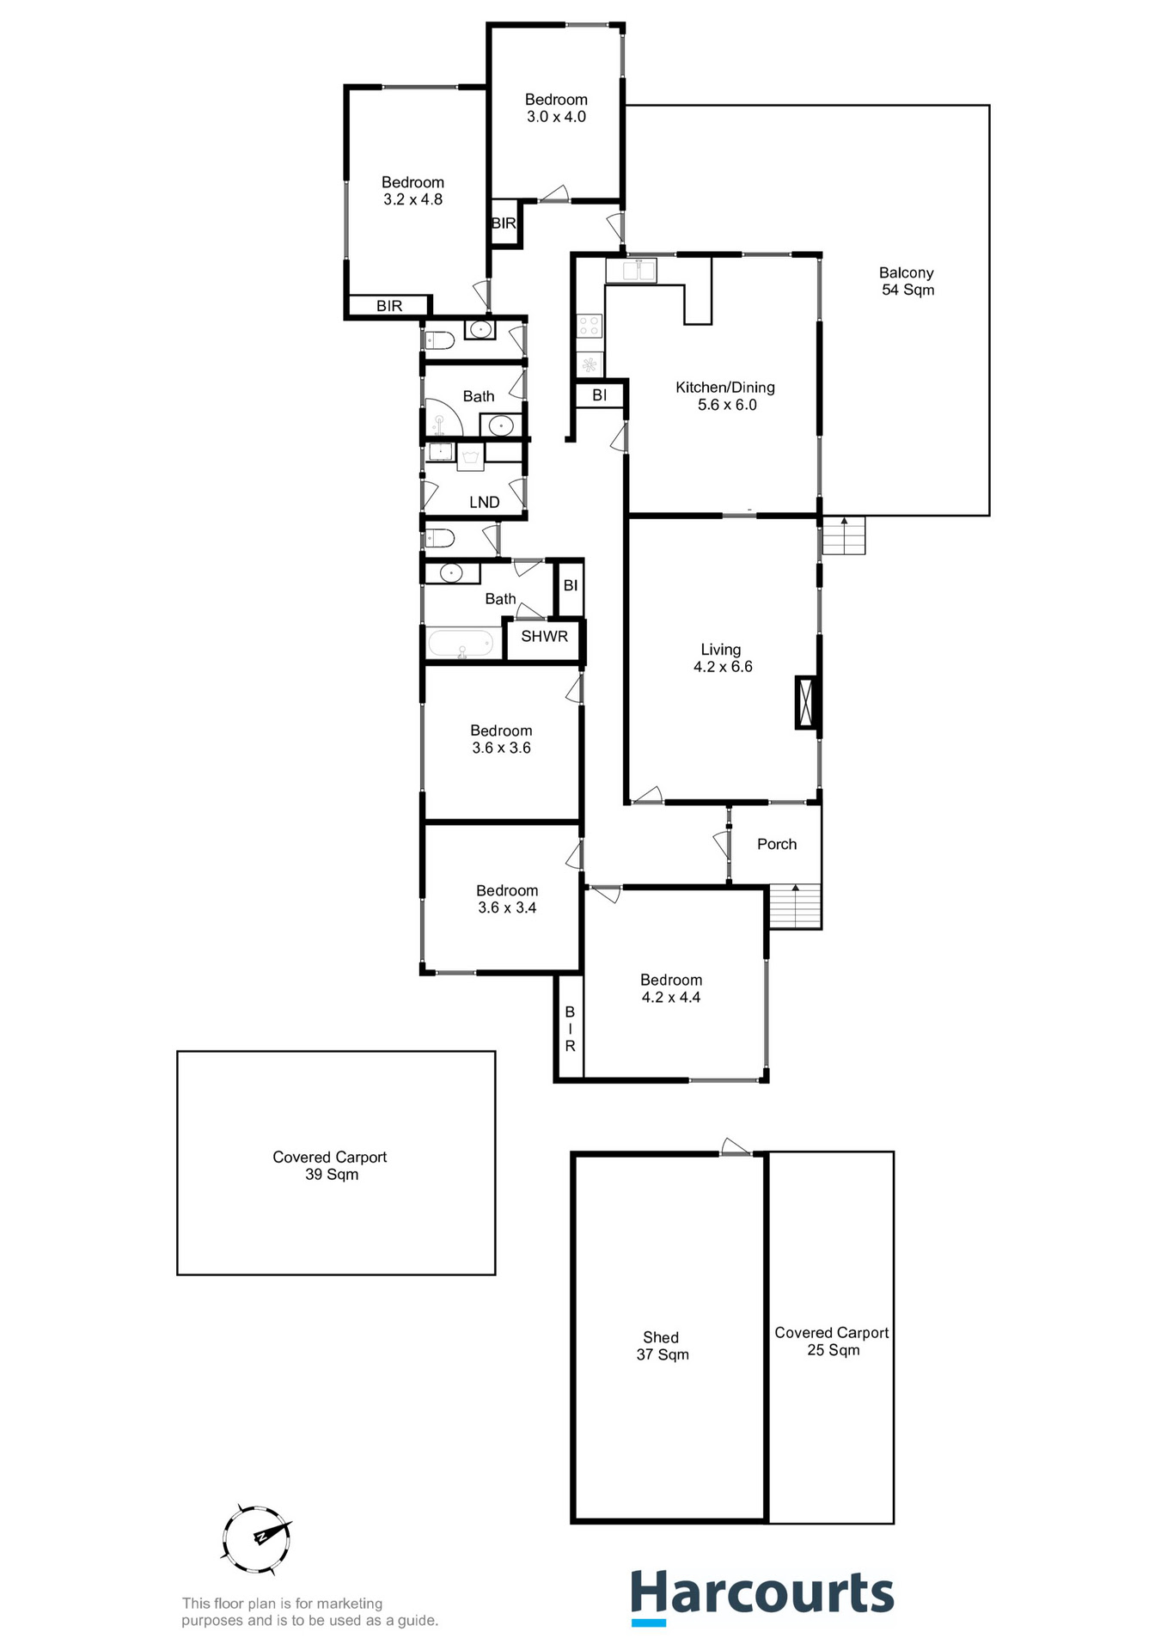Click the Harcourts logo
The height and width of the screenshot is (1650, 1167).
(x=761, y=1596)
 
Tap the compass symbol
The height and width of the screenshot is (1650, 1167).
(x=256, y=1539)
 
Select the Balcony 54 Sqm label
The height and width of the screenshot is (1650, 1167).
(x=907, y=281)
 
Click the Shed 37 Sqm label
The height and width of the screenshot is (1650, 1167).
(x=662, y=1346)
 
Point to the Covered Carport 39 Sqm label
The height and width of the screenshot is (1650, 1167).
(x=330, y=1165)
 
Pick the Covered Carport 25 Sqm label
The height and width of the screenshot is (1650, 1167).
(x=832, y=1341)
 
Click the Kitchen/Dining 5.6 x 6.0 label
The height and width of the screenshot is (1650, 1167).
(x=725, y=396)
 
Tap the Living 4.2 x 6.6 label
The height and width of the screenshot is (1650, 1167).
(x=722, y=658)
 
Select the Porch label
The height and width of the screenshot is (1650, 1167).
(x=777, y=844)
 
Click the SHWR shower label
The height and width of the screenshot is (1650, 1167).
(x=544, y=637)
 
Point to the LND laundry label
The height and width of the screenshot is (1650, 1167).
(x=484, y=502)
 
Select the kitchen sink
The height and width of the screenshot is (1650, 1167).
(x=631, y=271)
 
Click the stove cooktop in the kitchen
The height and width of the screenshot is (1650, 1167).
(x=590, y=326)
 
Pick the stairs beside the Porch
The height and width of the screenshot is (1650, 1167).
(x=795, y=907)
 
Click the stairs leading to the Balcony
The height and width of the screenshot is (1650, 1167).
(x=844, y=536)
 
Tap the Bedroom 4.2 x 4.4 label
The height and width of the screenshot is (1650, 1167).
(x=671, y=988)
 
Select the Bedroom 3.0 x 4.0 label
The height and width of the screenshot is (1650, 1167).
(x=556, y=108)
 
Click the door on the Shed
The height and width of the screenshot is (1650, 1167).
(x=735, y=1148)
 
